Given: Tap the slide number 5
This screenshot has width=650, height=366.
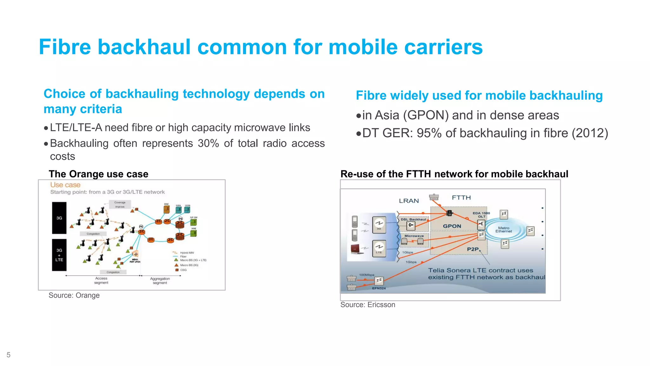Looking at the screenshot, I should [x=9, y=355].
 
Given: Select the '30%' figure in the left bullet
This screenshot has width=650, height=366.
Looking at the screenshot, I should [x=208, y=143].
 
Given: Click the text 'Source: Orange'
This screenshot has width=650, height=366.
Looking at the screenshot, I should [x=74, y=295].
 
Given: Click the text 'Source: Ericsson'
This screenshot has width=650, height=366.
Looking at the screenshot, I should [x=368, y=305].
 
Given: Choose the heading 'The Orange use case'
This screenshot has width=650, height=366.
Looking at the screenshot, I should [x=98, y=174].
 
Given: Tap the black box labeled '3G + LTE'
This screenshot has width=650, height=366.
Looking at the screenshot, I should [x=59, y=255].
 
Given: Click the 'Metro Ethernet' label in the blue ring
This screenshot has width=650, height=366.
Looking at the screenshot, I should [x=503, y=230].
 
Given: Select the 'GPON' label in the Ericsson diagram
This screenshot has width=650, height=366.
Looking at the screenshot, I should [x=452, y=226].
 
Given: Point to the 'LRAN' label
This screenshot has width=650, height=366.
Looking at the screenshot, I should [x=409, y=201].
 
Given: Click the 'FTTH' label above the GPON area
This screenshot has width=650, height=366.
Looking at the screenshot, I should [x=461, y=198].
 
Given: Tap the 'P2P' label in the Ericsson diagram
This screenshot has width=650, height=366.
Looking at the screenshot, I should [x=473, y=249].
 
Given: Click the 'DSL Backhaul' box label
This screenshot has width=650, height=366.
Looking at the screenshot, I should [x=413, y=220].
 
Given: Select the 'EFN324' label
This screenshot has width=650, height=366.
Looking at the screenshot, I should [x=379, y=288].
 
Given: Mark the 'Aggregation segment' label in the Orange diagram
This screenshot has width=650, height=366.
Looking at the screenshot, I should [x=160, y=281].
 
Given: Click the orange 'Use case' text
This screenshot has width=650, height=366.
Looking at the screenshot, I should [x=65, y=185].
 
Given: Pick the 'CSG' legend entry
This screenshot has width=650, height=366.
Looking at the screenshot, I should [x=183, y=270].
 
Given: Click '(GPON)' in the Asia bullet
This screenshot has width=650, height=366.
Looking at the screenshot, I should [x=426, y=115].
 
